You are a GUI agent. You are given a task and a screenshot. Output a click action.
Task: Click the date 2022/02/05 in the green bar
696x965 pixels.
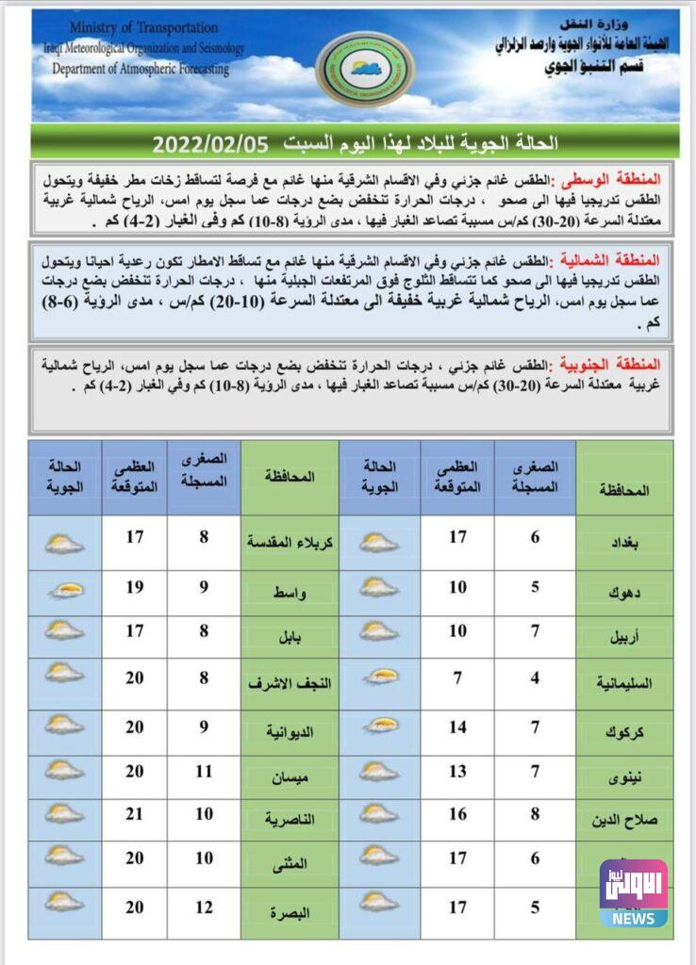(210, 143)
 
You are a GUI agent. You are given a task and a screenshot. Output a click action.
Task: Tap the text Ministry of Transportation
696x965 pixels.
(143, 27)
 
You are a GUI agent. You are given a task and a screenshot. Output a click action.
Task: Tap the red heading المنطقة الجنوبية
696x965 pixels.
(621, 363)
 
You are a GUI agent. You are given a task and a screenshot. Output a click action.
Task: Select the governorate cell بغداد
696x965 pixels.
(624, 543)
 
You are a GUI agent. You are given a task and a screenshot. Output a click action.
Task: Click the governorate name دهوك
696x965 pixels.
(624, 593)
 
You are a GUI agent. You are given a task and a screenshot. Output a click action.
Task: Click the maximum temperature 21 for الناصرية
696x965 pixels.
(135, 813)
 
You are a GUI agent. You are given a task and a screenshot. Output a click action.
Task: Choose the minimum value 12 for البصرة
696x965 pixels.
(204, 907)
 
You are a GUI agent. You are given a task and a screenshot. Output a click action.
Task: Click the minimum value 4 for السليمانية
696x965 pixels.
(534, 679)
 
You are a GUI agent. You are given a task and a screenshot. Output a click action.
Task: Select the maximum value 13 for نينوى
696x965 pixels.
(457, 772)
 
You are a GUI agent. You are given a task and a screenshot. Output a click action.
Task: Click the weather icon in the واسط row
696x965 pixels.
(64, 591)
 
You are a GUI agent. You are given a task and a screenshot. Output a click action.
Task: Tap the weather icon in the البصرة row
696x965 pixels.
(64, 902)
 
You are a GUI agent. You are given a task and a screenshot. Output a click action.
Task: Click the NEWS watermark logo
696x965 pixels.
(634, 892)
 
